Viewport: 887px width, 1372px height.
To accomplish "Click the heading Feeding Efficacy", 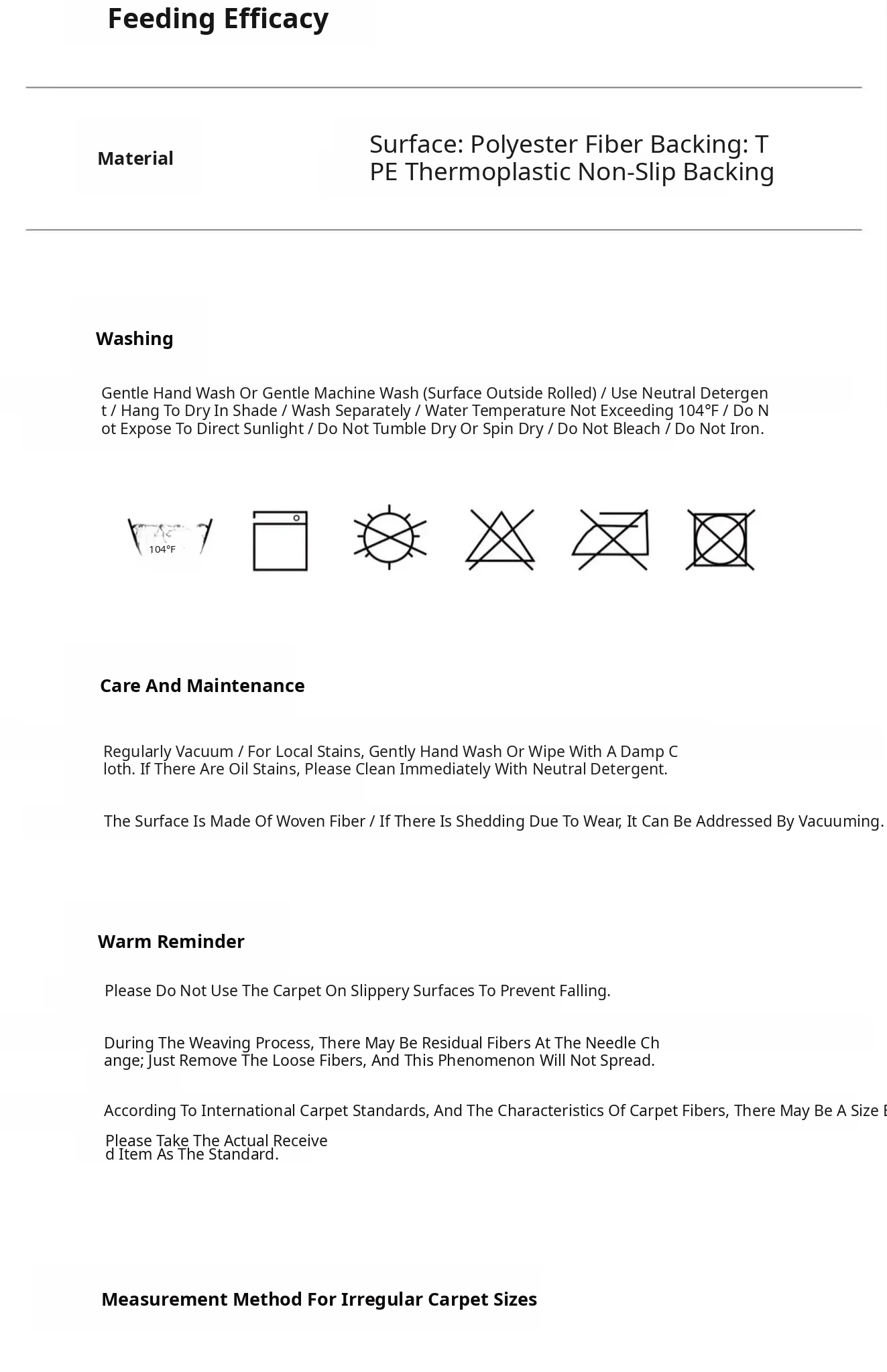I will [x=218, y=19].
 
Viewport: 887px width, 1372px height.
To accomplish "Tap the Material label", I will [x=135, y=159].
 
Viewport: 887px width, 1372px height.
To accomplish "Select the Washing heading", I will [x=134, y=339].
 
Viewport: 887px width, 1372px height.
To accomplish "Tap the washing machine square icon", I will [x=280, y=541].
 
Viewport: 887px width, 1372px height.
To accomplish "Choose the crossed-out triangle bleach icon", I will [x=500, y=539].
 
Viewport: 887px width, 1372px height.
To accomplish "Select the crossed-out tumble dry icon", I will [x=721, y=539].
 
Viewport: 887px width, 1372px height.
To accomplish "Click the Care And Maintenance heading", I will [x=202, y=686].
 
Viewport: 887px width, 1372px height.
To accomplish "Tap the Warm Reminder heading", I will [x=171, y=942].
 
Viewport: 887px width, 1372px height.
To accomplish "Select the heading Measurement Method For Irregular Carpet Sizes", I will [x=319, y=1300].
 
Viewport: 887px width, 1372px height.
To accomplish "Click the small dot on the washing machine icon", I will [x=296, y=518].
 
